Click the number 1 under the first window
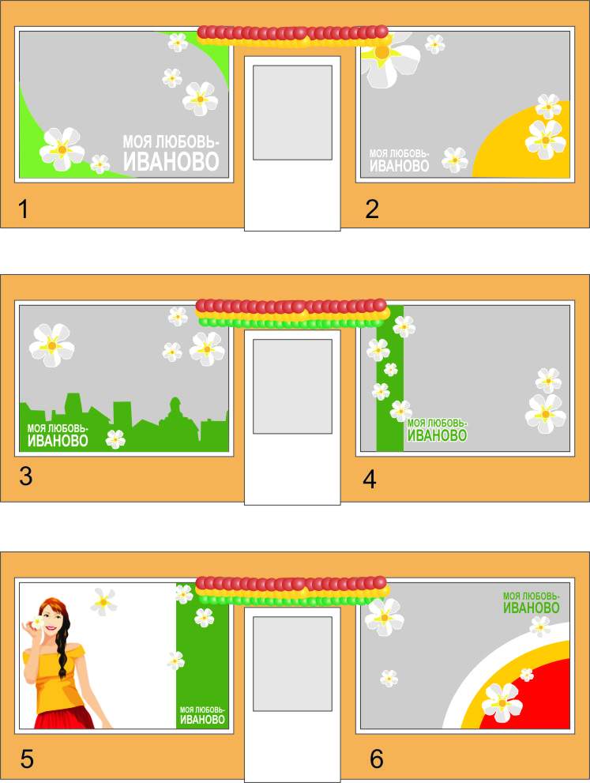(x=23, y=209)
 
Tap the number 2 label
(x=372, y=209)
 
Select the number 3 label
(x=26, y=476)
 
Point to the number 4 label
(x=370, y=480)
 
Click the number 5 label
(x=27, y=759)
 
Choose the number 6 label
(x=377, y=759)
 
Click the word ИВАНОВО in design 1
(x=171, y=161)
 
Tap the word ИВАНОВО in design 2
(x=400, y=166)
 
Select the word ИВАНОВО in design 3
(x=58, y=440)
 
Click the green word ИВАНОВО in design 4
(x=438, y=435)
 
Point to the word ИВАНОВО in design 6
(x=531, y=608)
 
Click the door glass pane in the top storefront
(x=292, y=112)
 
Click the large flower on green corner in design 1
(x=62, y=149)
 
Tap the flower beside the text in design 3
(x=116, y=439)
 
